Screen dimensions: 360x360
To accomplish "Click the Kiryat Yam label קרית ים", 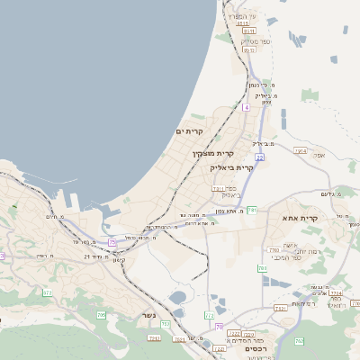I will tap(190, 131).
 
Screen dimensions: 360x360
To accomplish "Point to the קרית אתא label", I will tap(301, 218).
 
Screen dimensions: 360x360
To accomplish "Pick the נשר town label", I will tap(149, 316).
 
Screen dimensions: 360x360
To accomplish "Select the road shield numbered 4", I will tap(245, 107).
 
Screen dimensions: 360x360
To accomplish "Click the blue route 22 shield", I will tap(259, 157).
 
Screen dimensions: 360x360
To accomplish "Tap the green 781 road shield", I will tap(252, 210).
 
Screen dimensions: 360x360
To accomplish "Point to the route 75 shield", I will tap(112, 242).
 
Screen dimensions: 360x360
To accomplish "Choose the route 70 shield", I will tap(220, 326).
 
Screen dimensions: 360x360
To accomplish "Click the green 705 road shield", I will tap(101, 315).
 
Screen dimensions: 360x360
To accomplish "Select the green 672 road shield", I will tap(46, 292).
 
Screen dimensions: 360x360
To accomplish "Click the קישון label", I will tap(120, 260).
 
